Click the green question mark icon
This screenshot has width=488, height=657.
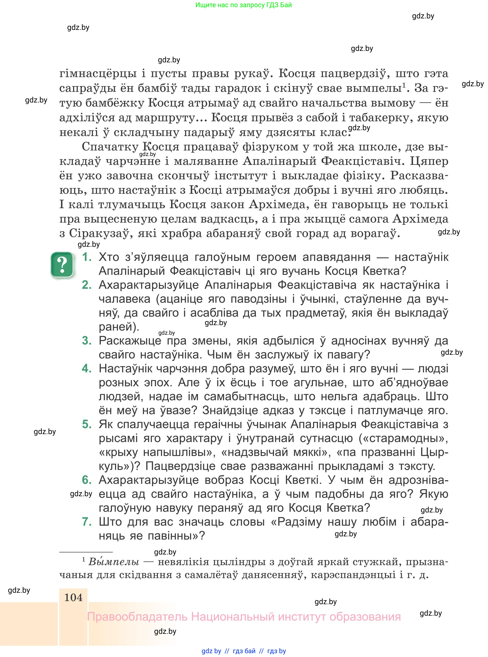click(62, 265)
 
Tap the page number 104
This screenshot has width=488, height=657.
click(73, 598)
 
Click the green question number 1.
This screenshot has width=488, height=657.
click(86, 257)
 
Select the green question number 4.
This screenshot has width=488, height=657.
click(86, 368)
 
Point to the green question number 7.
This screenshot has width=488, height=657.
click(86, 522)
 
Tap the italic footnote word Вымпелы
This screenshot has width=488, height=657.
click(114, 562)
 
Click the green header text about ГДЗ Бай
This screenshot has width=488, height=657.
click(243, 5)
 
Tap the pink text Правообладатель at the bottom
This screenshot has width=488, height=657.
click(137, 617)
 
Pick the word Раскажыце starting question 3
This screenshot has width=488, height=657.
click(130, 341)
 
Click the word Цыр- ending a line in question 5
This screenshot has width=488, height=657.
click(434, 452)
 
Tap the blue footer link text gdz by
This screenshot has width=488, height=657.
click(211, 651)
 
